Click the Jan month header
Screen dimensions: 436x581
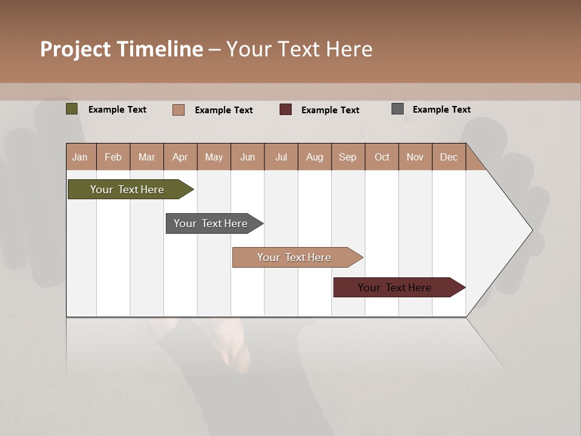click(80, 157)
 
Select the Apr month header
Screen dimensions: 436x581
click(180, 157)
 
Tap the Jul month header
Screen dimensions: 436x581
click(281, 157)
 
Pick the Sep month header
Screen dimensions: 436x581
click(348, 157)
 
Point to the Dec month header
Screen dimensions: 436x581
click(448, 157)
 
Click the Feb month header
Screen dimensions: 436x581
click(113, 157)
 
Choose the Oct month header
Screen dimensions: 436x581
click(382, 157)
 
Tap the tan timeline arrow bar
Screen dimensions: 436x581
click(295, 257)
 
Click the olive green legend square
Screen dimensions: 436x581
click(72, 109)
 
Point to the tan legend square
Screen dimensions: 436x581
click(179, 110)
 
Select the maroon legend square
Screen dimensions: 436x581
click(286, 110)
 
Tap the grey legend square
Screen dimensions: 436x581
click(398, 109)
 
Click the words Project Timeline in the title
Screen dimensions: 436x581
click(121, 49)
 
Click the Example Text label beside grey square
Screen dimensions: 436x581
click(441, 110)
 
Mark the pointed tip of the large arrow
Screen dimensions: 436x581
click(531, 230)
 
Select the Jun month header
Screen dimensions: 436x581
click(248, 157)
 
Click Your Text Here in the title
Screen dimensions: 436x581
click(299, 49)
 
